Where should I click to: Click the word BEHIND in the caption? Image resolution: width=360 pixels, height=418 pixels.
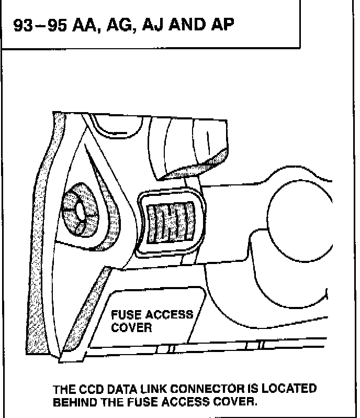[x=74, y=403]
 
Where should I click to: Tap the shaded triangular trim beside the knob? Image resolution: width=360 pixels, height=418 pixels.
[x=113, y=210]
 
